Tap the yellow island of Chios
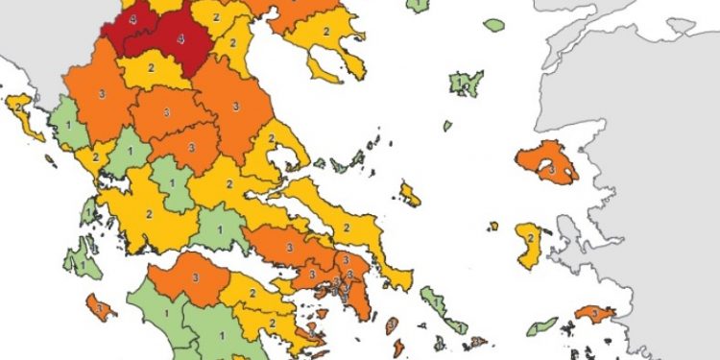click(x=529, y=244)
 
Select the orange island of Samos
click(x=593, y=314)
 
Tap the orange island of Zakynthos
click(x=100, y=308)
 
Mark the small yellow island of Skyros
click(x=410, y=195)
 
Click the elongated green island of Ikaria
click(x=542, y=325)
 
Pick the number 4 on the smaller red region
click(x=132, y=19)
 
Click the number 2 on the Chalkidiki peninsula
click(x=326, y=33)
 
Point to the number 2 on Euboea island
click(x=347, y=228)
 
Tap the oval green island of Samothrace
click(x=494, y=25)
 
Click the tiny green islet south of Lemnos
click(x=447, y=125)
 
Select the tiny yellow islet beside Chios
click(x=493, y=227)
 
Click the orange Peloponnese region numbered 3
click(x=195, y=277)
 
